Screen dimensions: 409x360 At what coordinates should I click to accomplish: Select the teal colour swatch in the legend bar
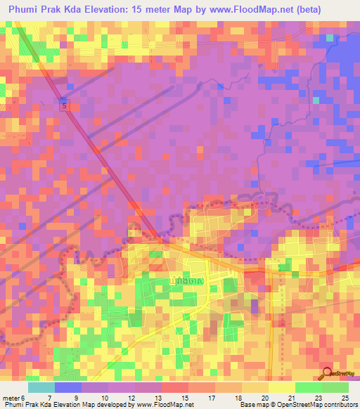(x=41, y=387)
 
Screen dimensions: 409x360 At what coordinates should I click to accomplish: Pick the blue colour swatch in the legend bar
(x=67, y=387)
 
